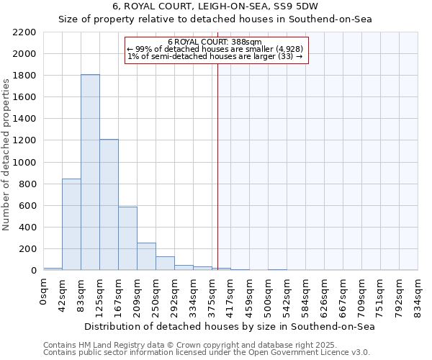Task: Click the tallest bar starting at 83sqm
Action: (90, 172)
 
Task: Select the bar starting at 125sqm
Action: (109, 204)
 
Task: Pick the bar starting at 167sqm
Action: (127, 238)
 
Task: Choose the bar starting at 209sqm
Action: (146, 256)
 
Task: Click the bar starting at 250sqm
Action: (165, 263)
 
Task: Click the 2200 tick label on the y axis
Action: (24, 32)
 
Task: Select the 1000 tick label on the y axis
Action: (24, 163)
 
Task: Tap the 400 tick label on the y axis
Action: (27, 228)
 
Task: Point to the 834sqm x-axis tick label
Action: (418, 294)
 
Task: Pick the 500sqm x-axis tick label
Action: (268, 294)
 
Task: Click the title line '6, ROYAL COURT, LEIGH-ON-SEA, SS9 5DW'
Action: (215, 6)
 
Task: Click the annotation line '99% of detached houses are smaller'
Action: (215, 48)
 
